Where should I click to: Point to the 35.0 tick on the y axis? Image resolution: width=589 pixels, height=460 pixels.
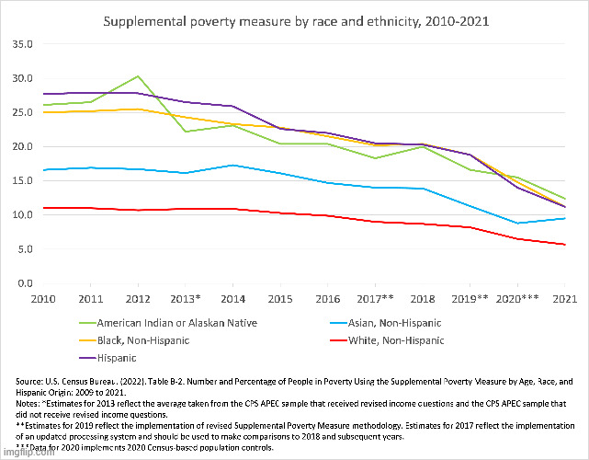pos(22,43)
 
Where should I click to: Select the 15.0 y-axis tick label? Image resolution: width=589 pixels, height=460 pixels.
pos(22,180)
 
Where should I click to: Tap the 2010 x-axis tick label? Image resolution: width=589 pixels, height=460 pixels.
pos(42,299)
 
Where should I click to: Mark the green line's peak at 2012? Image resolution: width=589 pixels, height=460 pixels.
pos(138,76)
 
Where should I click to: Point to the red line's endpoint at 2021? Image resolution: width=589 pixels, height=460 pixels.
pos(564,245)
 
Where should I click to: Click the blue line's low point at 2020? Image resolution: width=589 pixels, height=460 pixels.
pos(517,223)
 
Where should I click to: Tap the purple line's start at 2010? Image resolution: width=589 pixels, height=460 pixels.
pos(42,94)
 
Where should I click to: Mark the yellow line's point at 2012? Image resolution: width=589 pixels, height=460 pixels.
pos(138,109)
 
